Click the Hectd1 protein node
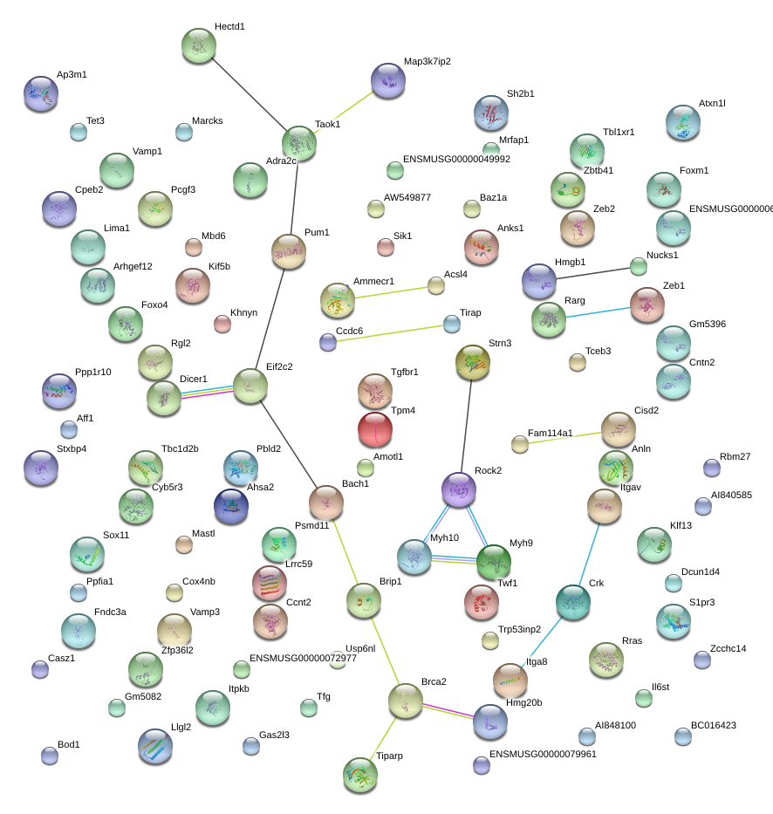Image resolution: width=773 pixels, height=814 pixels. point(199,45)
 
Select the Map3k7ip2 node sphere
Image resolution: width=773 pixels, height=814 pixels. point(388,80)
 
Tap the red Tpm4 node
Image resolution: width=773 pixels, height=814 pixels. point(375,429)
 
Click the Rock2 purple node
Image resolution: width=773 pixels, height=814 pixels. point(459,489)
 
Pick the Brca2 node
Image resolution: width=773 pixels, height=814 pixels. point(406,701)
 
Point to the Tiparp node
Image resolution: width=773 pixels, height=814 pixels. point(360,775)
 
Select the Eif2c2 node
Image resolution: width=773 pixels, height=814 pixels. point(250,386)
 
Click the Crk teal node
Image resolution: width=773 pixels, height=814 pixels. point(573,602)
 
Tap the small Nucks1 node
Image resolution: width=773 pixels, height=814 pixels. point(639,266)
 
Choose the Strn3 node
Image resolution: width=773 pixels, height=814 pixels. point(472,362)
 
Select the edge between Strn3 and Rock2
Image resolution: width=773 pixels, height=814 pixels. point(467,426)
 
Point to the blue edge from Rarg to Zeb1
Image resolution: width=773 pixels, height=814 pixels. point(598,312)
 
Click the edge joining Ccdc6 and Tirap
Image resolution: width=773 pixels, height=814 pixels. point(390,333)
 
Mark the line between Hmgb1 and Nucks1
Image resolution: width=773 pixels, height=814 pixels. point(593,274)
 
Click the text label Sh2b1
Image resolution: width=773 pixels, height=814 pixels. point(520,93)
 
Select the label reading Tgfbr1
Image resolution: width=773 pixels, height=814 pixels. point(405,372)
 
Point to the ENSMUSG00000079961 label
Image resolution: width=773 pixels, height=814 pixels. point(543,754)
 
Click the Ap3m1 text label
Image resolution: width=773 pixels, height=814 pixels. point(72,75)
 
